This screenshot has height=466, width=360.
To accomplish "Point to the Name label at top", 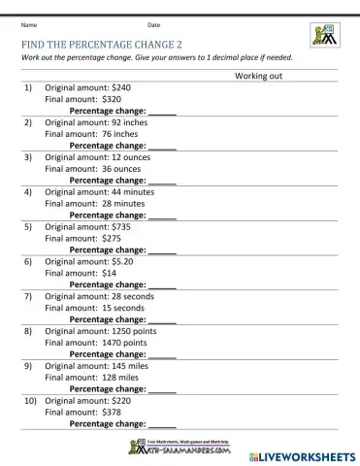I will coord(29,23).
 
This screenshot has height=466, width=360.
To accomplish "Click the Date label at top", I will coord(154,23).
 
